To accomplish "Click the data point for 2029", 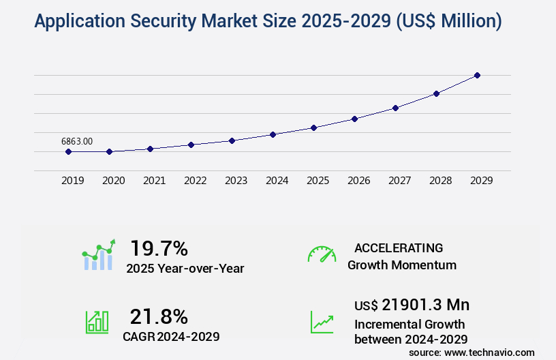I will pos(477,75).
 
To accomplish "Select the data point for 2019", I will pos(68,151).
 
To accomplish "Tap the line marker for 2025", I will pos(313,127).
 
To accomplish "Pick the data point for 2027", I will pos(395,108).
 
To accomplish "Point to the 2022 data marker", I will pos(191,145).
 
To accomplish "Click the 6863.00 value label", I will pos(77,141).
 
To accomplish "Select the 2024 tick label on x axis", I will pos(277,181).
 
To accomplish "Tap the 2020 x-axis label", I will pos(113,181).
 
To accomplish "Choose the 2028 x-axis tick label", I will pos(440,181).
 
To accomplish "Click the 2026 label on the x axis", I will pos(358,181).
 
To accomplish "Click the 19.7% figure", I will pos(159,248).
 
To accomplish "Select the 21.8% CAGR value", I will pos(159,316).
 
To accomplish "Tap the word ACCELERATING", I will pos(399,248).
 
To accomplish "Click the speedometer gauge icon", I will pos(322,254).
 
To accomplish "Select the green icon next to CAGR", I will pos(97,322).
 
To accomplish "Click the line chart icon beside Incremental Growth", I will pos(322,322).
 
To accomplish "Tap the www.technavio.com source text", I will pos(489,352).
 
